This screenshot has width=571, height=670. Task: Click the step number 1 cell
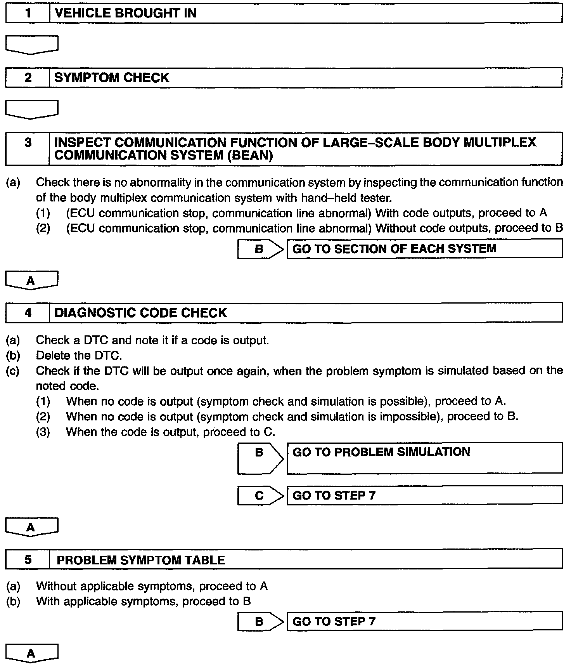28,13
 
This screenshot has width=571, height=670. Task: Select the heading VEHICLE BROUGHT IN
125,13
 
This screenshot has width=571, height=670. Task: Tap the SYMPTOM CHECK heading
112,78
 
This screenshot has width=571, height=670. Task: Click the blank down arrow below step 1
32,45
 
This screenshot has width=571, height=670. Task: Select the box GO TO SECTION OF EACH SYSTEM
424,248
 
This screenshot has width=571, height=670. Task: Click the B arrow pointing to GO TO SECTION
260,249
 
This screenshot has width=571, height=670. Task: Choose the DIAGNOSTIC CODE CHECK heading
140,313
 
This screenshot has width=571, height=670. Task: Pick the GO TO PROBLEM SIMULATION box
424,458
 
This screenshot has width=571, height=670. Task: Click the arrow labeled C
260,495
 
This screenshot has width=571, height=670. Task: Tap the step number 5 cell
28,560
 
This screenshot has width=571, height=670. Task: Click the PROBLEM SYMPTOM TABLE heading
140,560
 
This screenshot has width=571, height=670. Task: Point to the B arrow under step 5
260,621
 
